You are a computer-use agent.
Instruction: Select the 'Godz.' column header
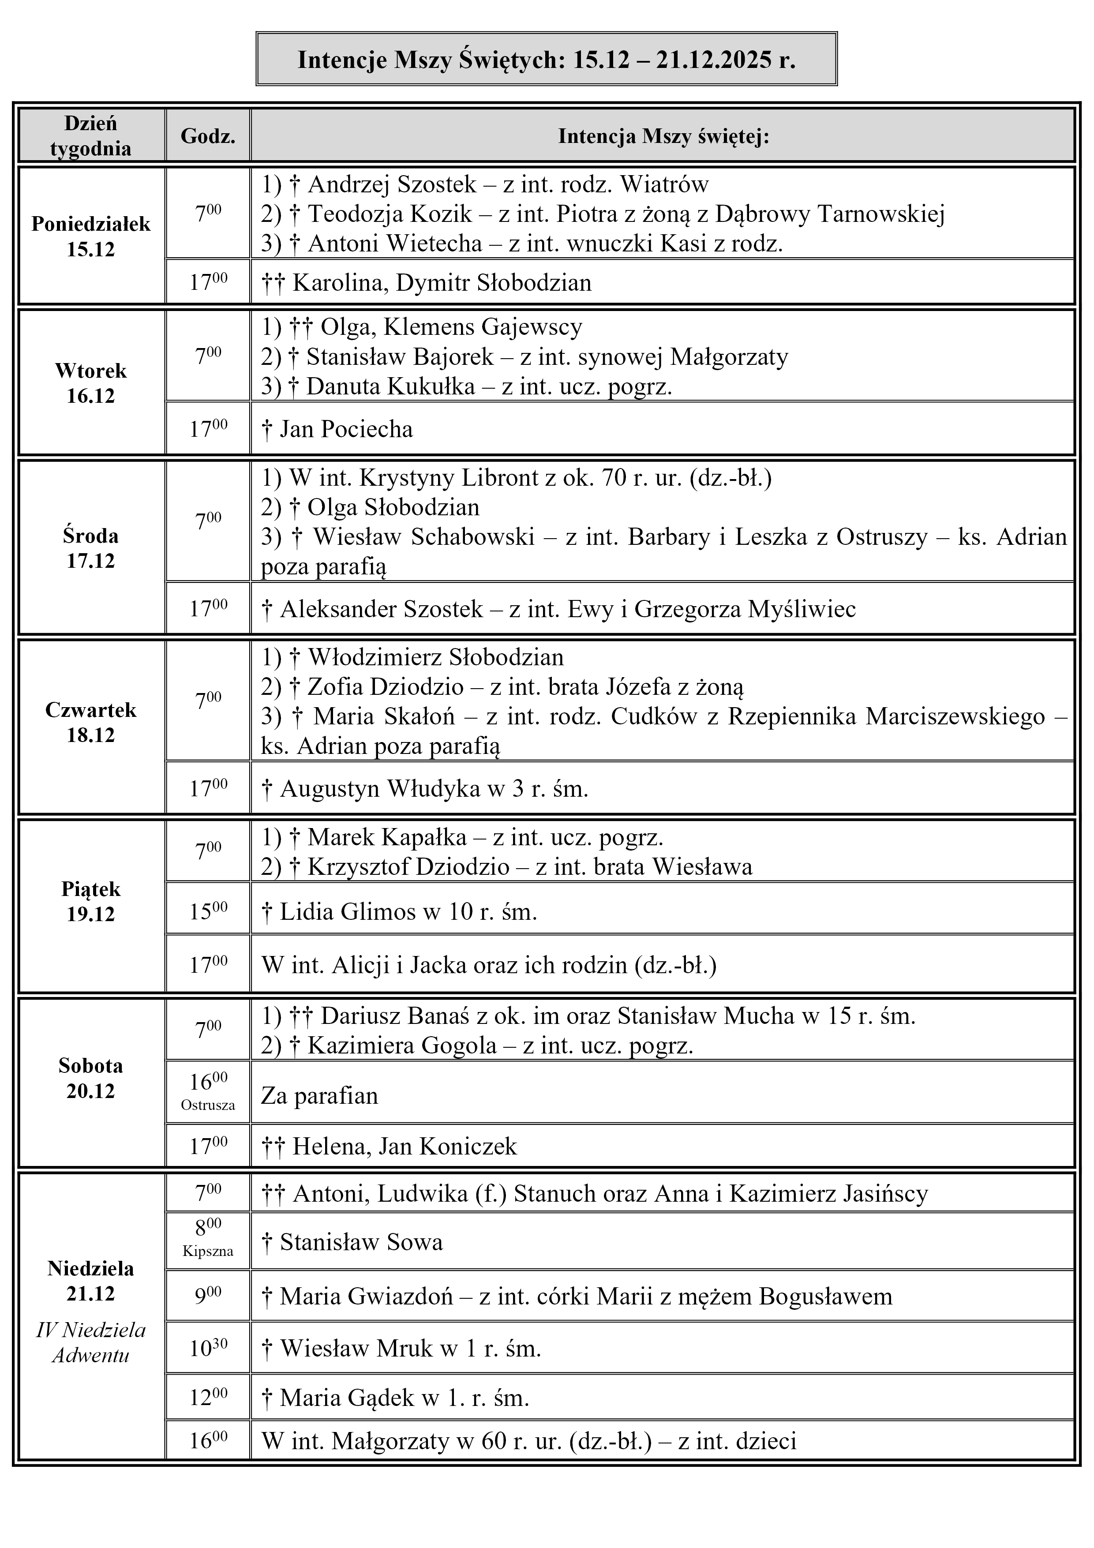(208, 136)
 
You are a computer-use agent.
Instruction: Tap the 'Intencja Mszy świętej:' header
(663, 136)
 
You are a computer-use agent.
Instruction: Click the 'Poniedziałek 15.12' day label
(91, 236)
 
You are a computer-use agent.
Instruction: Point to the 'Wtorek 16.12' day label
(91, 383)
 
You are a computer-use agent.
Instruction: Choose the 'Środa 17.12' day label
(91, 547)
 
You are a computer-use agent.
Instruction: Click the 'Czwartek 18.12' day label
(91, 722)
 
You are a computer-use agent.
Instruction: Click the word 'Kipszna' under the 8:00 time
(208, 1252)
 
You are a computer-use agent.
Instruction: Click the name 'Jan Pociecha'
(346, 429)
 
